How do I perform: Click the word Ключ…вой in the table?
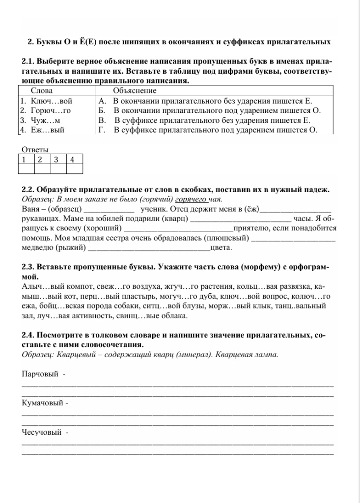[48, 101]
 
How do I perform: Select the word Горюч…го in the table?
[49, 111]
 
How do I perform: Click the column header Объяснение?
[135, 91]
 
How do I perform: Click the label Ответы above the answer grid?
[35, 150]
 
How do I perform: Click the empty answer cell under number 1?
[27, 169]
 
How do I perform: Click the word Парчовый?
[41, 375]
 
